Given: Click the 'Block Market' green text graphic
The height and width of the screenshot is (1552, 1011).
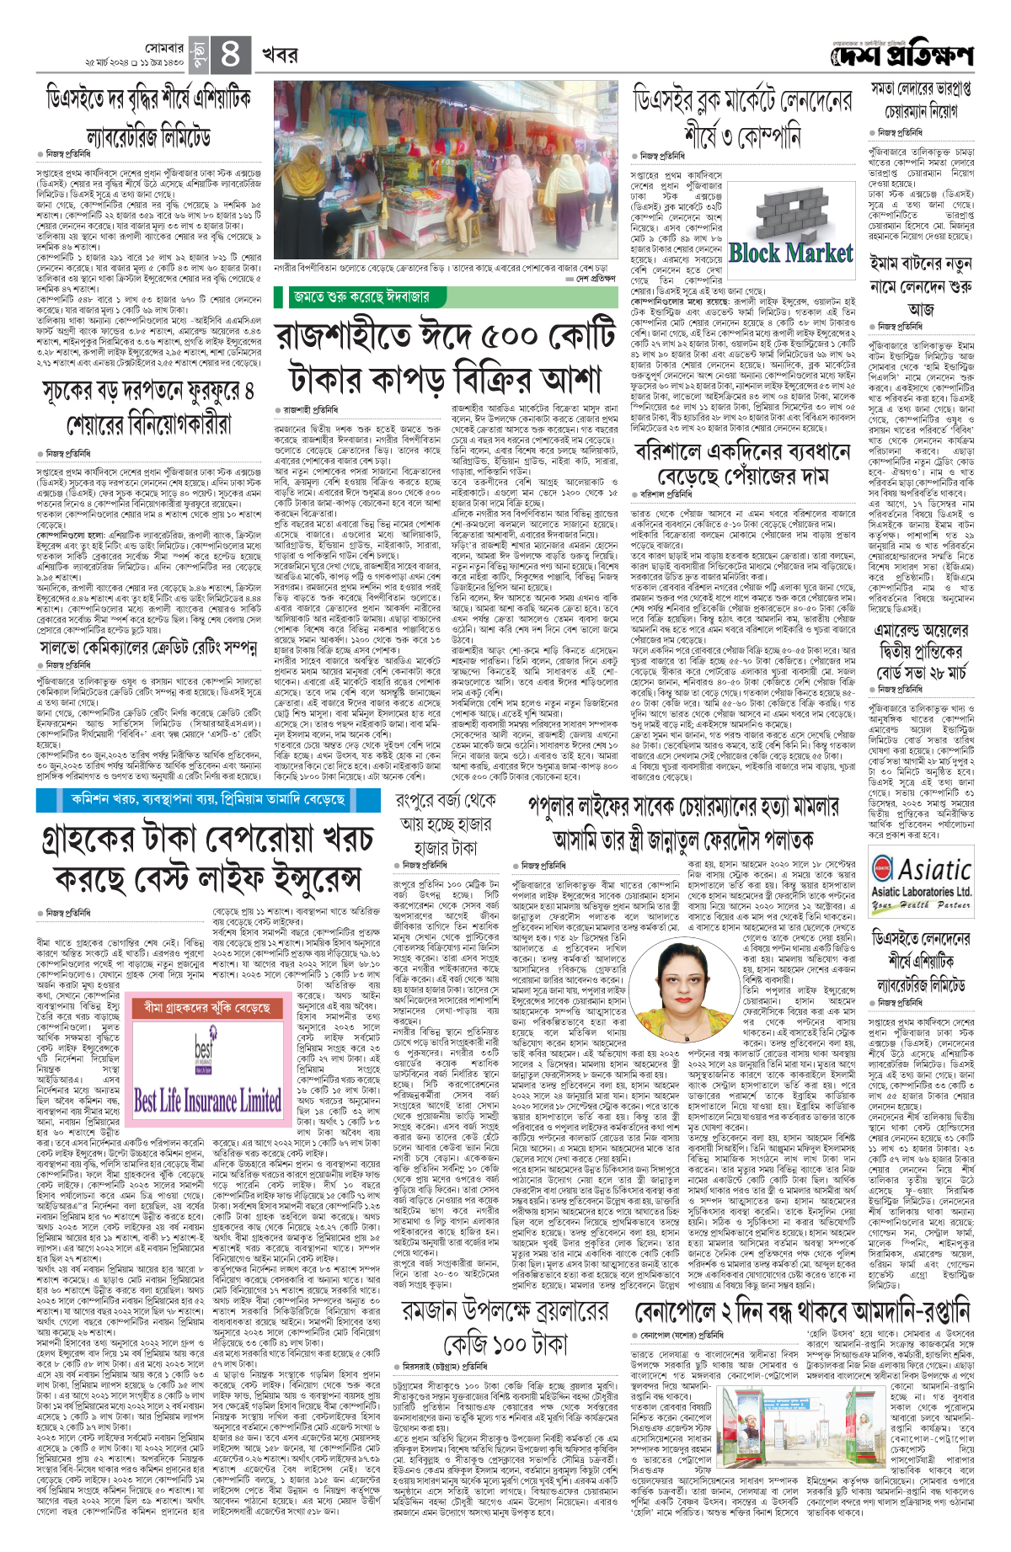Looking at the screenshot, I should [x=790, y=252].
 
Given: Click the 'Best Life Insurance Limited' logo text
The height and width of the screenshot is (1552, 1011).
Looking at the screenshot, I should [x=207, y=1101].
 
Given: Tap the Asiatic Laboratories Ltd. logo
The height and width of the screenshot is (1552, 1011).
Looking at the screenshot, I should [x=921, y=877].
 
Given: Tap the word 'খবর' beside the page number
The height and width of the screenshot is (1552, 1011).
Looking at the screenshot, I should [x=279, y=56].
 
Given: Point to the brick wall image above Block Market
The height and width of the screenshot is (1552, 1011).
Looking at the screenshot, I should [x=789, y=211].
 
